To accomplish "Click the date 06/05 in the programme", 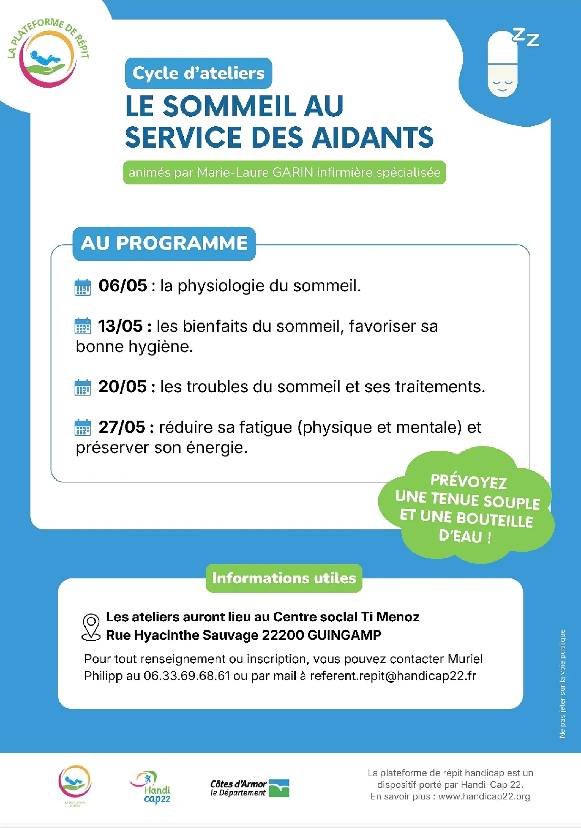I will click(x=122, y=285).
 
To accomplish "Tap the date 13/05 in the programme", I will click(x=120, y=326).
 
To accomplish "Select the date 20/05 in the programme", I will click(x=122, y=386).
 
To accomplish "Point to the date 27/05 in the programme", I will click(x=121, y=427).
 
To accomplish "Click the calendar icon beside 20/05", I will click(x=83, y=387).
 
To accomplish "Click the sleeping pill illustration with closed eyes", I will click(x=502, y=64).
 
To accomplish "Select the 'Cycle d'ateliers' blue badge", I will click(x=199, y=73).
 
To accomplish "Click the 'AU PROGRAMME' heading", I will click(x=164, y=243).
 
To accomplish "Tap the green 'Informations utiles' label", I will click(x=284, y=578).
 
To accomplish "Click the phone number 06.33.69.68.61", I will click(x=187, y=676).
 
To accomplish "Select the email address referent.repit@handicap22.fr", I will click(x=393, y=676).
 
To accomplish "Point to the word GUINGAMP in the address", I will click(x=344, y=635).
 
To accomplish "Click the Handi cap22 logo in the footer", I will click(x=151, y=787).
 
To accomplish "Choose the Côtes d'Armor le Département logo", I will click(x=250, y=788).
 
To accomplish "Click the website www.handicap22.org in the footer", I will click(x=484, y=797).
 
